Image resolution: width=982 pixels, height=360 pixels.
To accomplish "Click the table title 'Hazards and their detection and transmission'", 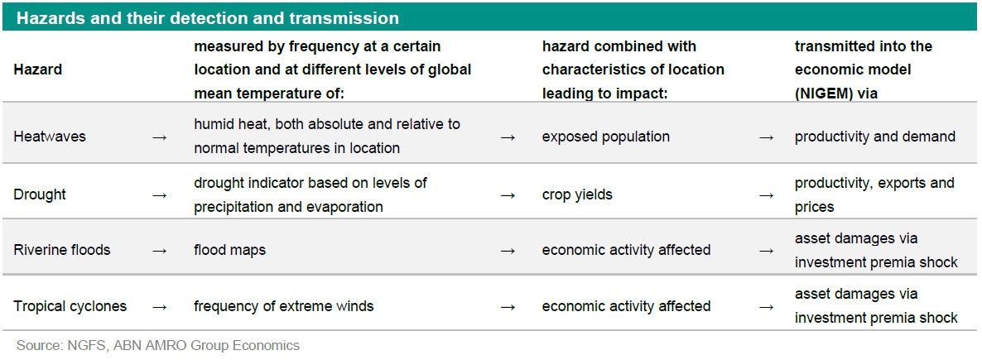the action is coord(207,18).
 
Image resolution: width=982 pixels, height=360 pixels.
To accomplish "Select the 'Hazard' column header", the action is coord(37,70).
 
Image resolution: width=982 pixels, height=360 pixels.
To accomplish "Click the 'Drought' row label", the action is coord(40,194).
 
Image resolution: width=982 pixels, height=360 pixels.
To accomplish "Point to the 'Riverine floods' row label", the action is coord(62,250).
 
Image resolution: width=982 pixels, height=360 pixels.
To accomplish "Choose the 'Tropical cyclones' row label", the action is coord(70,306).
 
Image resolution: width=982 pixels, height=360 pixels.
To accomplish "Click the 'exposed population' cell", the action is coord(605,137).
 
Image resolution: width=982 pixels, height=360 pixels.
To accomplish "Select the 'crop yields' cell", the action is coord(577,194).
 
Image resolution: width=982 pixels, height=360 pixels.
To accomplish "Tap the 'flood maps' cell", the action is coord(229,251).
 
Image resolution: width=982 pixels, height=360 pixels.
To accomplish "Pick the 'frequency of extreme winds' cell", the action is coord(284,306).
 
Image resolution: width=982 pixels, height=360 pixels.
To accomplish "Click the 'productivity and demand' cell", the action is coord(875,137).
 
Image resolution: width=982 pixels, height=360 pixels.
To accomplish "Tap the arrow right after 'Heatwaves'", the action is coord(160,137).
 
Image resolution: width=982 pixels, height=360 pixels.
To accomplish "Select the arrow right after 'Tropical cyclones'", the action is coord(160,307).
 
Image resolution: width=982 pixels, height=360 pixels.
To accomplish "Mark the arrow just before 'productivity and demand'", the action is coord(766,137).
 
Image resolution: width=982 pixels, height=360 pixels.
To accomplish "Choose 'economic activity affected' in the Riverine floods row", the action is coord(626,251).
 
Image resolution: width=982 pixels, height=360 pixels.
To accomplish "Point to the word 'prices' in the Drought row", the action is coord(816,207).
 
